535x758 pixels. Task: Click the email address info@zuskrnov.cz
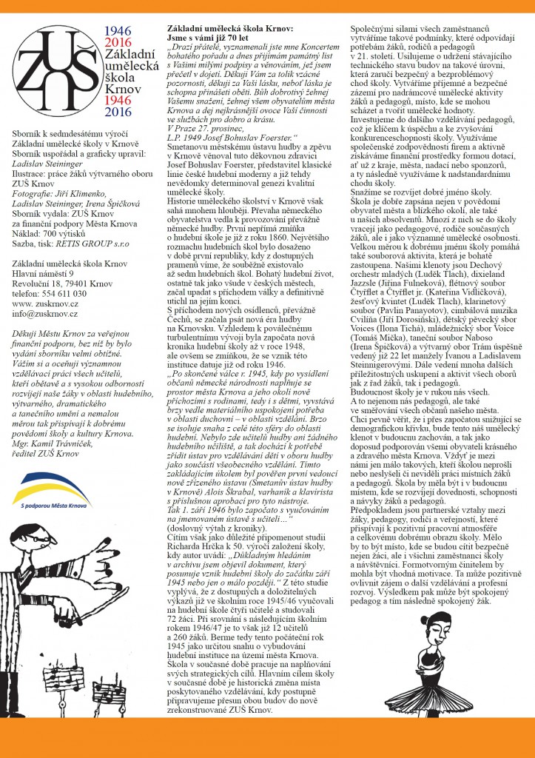tap(44, 314)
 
